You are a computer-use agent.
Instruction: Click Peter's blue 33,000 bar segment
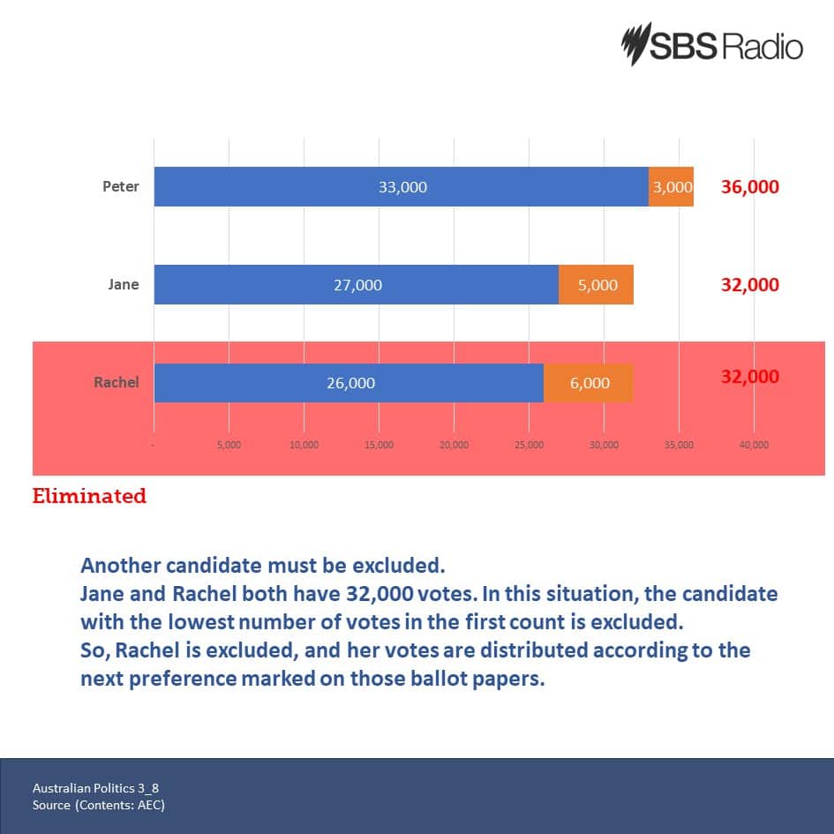pos(401,187)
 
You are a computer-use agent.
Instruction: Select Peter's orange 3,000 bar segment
pos(671,187)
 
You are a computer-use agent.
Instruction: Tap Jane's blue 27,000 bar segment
pos(357,285)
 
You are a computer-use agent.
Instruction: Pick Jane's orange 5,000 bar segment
pos(596,285)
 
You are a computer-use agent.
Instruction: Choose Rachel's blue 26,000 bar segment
pos(349,383)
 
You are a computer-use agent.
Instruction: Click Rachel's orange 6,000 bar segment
pos(588,383)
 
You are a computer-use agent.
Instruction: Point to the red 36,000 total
pos(749,187)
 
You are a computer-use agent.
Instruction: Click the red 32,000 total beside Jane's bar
pos(749,285)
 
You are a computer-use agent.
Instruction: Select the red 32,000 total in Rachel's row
pos(749,377)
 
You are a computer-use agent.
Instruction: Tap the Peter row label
pos(121,187)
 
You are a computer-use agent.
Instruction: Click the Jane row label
pos(124,285)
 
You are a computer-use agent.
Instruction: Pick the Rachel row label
pos(116,383)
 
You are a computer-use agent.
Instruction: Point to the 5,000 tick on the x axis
pos(229,445)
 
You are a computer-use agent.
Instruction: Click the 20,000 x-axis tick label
pos(454,445)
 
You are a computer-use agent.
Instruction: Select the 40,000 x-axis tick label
pos(754,445)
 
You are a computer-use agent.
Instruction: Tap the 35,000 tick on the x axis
pos(679,445)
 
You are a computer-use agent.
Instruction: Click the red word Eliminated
pos(89,496)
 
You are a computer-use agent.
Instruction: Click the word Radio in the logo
pos(763,47)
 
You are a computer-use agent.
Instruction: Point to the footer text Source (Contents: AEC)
pos(98,805)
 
